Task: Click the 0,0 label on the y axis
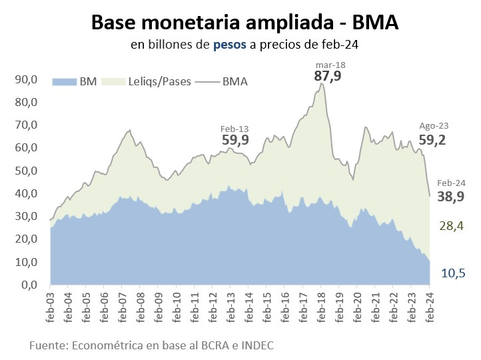[29, 285]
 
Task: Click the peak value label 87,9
[328, 76]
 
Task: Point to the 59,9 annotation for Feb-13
[235, 140]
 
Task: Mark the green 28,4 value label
[451, 227]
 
